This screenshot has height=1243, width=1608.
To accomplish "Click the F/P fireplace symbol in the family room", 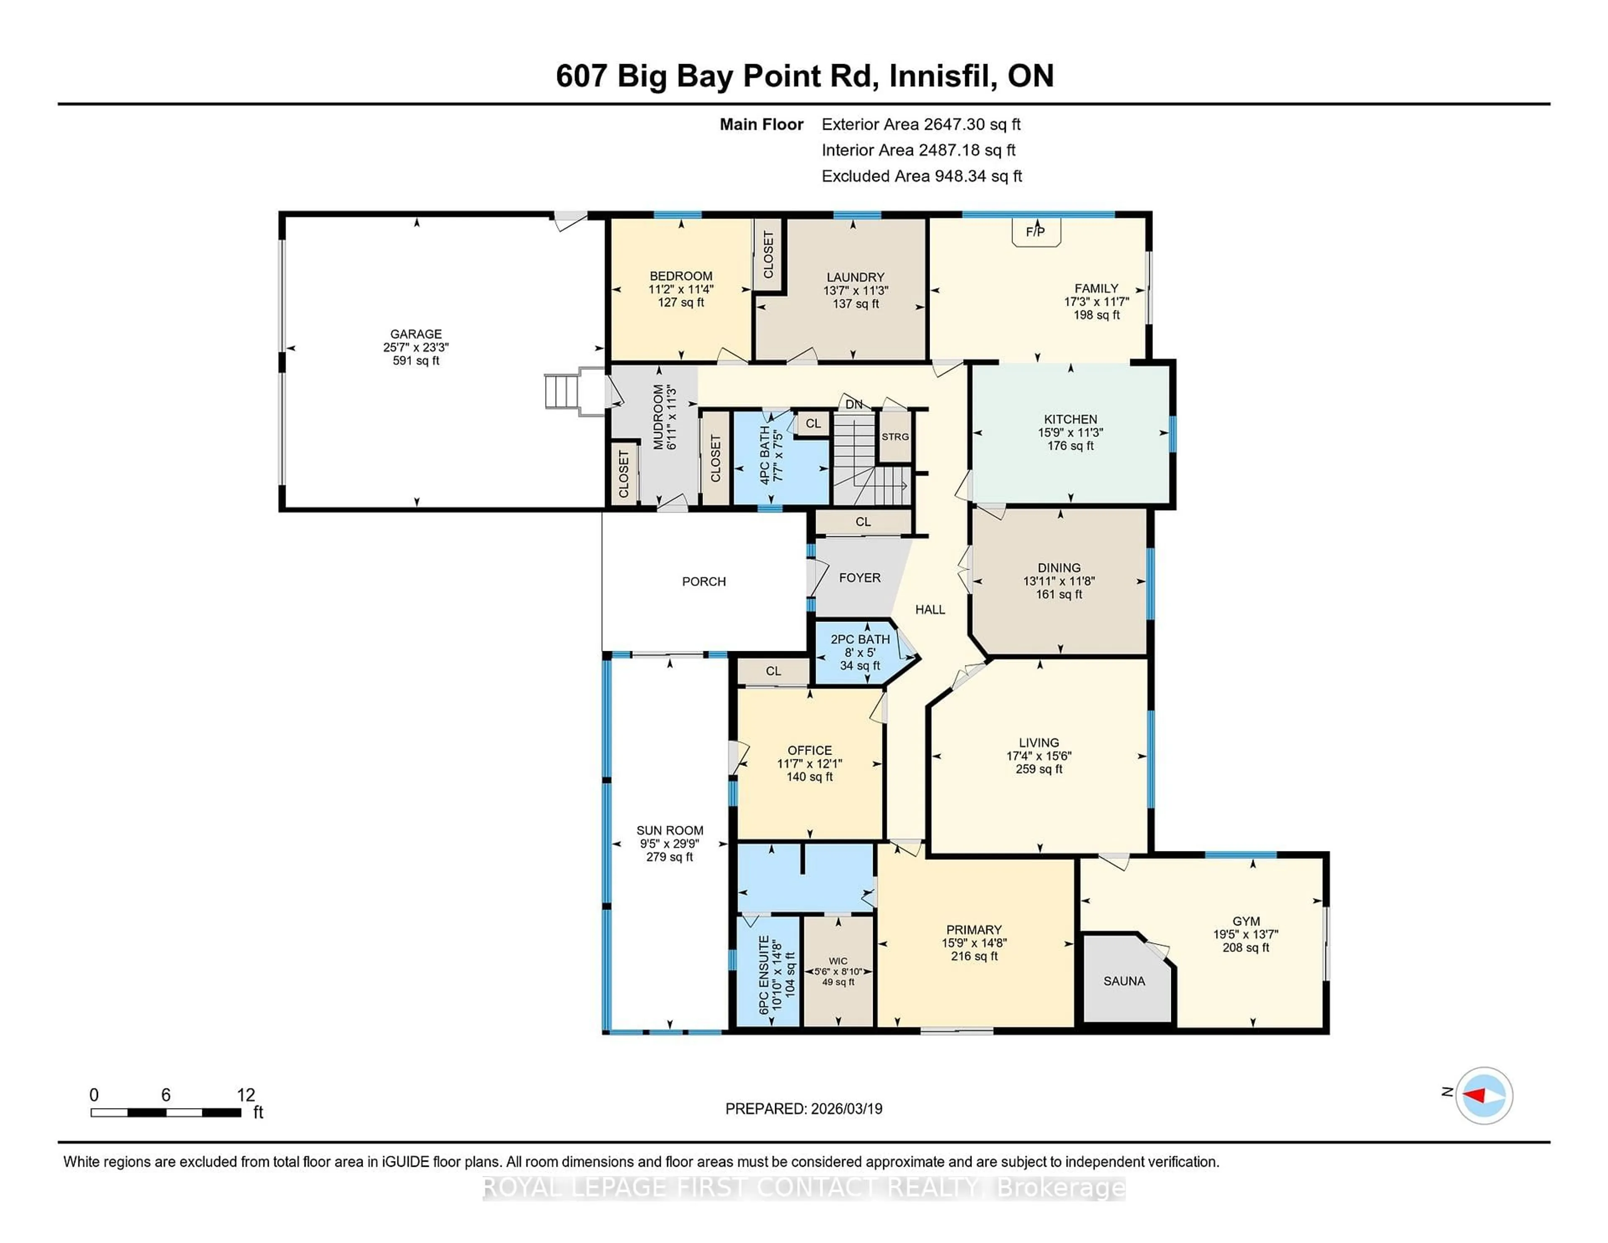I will [x=1035, y=232].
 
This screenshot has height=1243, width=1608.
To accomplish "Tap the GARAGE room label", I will [x=416, y=334].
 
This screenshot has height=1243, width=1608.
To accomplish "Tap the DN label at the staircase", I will [x=853, y=404].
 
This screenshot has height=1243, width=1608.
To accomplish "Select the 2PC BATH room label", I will [x=860, y=639].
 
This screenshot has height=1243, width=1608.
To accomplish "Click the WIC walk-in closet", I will [x=838, y=970].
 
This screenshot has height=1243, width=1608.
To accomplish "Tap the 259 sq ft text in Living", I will [x=1039, y=769].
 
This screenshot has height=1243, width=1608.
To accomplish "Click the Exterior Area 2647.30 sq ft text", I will [x=920, y=124].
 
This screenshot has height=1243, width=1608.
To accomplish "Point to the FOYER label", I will [x=859, y=578].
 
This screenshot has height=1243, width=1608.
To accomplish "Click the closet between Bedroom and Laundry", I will [x=768, y=255].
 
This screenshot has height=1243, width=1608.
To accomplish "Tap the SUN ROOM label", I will [x=669, y=830].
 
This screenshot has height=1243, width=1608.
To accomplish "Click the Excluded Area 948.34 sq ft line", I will [x=921, y=176].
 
